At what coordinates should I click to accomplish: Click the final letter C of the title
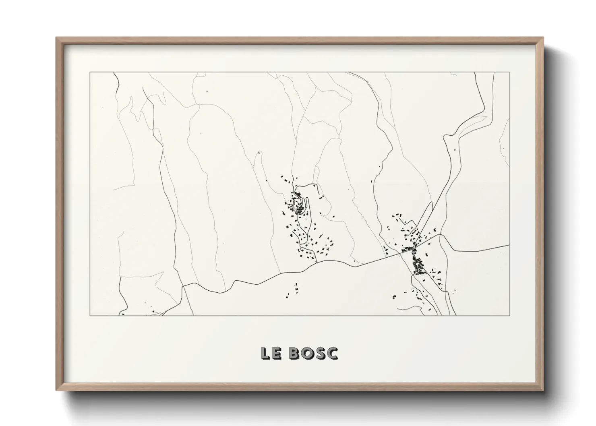coord(332,353)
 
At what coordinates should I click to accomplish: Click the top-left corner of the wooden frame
coord(56,38)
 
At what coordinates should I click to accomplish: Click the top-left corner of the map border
coord(89,72)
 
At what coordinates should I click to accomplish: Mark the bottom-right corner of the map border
coord(510,315)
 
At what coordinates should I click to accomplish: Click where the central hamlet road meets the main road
coord(315,263)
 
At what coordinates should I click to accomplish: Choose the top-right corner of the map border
coord(510,72)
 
